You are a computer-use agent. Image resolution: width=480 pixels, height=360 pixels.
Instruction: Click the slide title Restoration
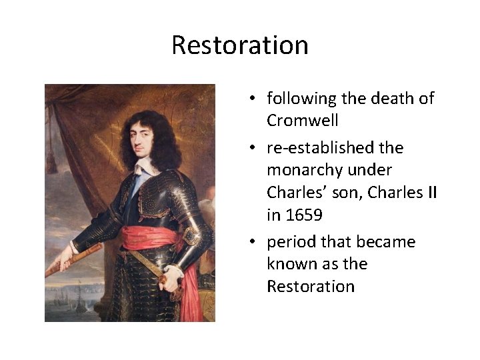(x=240, y=45)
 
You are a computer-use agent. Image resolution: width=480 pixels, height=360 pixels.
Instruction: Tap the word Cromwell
(x=302, y=121)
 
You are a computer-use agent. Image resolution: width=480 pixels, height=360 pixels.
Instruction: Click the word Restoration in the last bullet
(x=310, y=287)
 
